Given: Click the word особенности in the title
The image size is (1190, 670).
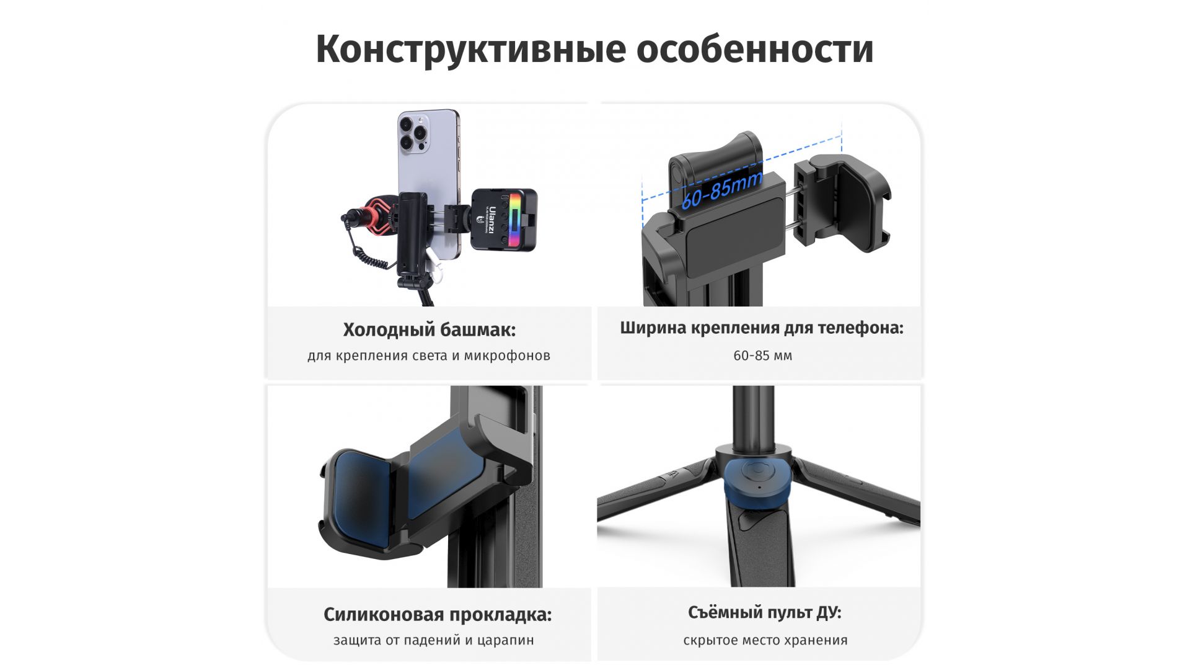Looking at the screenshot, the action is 755,49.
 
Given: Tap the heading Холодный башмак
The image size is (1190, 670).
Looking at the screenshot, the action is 429,329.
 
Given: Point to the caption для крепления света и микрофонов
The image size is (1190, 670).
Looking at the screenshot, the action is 429,355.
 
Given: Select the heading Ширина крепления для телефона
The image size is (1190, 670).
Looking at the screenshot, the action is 762,328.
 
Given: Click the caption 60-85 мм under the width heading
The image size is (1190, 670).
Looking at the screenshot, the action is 762,355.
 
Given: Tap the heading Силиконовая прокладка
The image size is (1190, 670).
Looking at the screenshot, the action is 438,615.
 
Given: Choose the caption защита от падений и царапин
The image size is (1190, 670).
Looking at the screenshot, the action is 434,640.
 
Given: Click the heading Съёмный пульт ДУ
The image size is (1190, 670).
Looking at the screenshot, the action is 765,612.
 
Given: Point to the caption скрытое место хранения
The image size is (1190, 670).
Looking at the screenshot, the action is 765,640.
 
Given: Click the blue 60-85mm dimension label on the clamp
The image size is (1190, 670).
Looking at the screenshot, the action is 721,190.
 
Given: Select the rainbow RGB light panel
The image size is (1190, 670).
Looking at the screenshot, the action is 513,221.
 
